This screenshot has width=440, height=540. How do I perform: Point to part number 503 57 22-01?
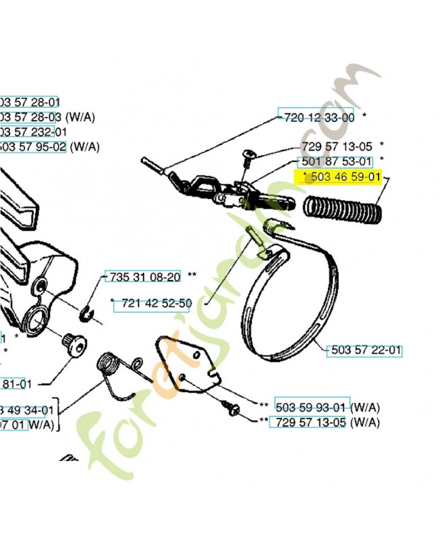(x=364, y=351)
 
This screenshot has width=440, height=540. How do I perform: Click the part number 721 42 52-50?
(x=155, y=304)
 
